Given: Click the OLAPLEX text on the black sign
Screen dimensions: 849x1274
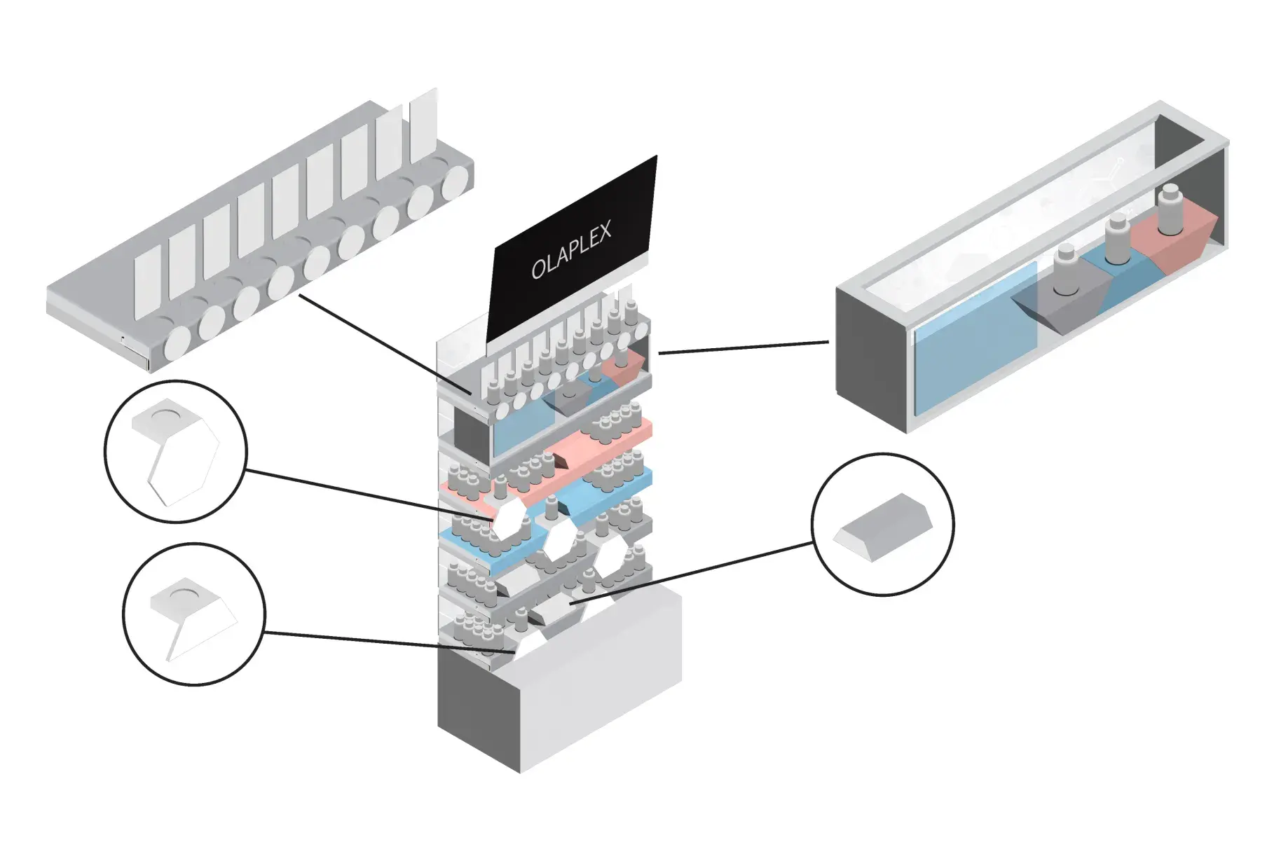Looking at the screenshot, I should coord(570,250).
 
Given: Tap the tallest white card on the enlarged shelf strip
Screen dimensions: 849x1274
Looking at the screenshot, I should coord(423,125).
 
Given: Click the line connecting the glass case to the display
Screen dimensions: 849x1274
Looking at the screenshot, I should coord(743,347).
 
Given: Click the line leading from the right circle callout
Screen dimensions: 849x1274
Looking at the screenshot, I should coord(694,572).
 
